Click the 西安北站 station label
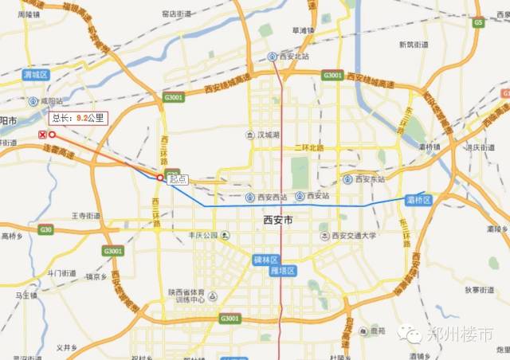(x=292, y=57)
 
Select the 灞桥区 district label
(x=418, y=199)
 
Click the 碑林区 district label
(x=265, y=260)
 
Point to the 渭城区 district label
(x=36, y=74)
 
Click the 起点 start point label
(x=178, y=180)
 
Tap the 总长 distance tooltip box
(x=77, y=118)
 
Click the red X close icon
(x=42, y=135)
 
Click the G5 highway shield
(x=478, y=23)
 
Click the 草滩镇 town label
(x=304, y=30)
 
